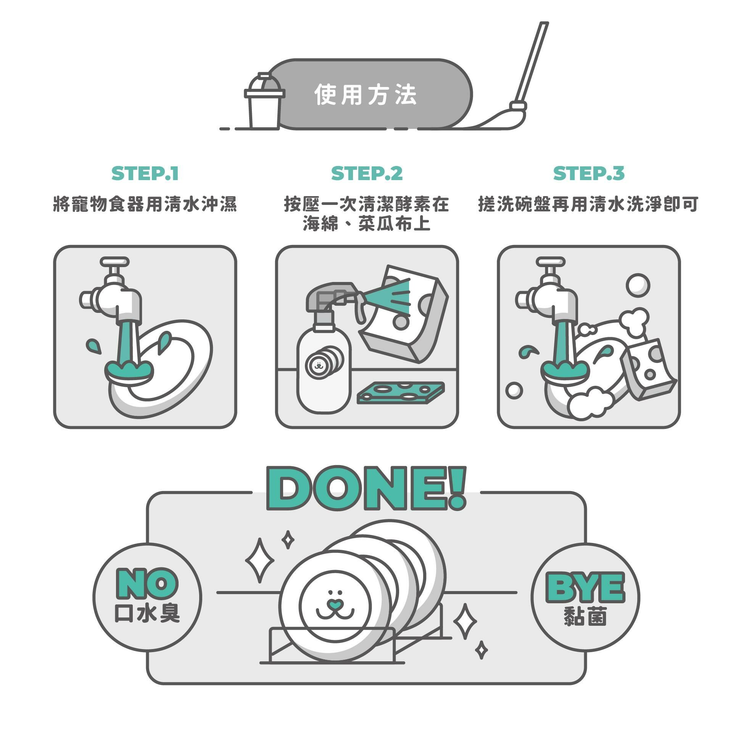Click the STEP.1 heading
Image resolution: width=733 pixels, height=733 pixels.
(x=145, y=173)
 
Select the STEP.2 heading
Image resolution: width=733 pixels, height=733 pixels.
(x=367, y=173)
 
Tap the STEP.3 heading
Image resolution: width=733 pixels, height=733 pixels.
(x=589, y=173)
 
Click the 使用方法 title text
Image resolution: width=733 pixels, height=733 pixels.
(x=366, y=95)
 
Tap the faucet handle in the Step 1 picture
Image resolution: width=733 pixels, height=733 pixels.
(x=114, y=262)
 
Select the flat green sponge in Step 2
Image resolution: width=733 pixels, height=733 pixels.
(x=401, y=393)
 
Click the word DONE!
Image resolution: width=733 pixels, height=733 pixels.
(x=366, y=488)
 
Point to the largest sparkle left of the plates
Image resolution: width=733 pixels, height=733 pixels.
(x=259, y=561)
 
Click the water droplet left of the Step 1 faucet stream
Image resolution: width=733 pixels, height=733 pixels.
(x=93, y=345)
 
